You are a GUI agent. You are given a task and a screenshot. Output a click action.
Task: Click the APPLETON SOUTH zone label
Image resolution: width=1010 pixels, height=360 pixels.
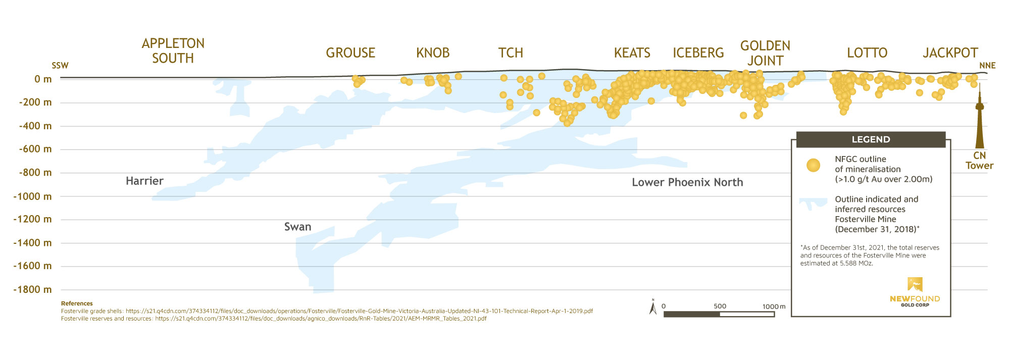coord(173,51)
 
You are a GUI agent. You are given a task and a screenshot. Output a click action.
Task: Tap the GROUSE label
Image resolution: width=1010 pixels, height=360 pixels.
coord(350,53)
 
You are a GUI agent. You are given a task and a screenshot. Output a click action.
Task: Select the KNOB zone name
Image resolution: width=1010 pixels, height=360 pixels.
coord(433,53)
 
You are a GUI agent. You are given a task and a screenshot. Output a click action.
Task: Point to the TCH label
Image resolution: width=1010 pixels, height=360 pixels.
coord(511,53)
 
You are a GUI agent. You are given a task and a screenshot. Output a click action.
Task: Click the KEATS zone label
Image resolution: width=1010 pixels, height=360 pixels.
coord(632,53)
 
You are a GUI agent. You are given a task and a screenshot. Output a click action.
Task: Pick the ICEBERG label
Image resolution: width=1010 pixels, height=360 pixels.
coord(698,53)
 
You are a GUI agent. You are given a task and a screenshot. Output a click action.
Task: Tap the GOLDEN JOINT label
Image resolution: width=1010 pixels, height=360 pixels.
coord(765,53)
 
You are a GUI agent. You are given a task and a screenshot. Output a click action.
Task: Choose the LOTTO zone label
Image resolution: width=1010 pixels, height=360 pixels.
coord(867,53)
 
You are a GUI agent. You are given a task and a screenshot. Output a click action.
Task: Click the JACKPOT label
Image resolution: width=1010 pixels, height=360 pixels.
coord(950,53)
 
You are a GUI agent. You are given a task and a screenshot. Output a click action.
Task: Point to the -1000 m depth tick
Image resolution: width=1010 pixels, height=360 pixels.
coord(33,196)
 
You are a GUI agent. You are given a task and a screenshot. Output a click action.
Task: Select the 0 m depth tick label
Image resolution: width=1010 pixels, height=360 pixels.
coord(43,79)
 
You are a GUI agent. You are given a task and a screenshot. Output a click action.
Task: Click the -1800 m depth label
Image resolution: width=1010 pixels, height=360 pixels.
coord(33,290)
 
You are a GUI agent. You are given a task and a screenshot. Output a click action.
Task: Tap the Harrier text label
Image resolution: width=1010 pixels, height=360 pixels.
coord(144,181)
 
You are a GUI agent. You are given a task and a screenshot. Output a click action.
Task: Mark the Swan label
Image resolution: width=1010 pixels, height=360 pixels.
coord(297,227)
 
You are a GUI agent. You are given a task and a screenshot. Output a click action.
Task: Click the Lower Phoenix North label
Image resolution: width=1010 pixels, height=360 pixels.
coord(687,182)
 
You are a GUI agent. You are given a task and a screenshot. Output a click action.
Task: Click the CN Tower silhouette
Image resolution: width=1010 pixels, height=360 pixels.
coord(979,121)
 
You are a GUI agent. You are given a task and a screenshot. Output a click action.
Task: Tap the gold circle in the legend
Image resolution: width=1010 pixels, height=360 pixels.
coord(813,165)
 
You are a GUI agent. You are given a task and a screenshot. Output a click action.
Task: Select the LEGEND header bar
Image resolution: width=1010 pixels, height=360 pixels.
coord(871,139)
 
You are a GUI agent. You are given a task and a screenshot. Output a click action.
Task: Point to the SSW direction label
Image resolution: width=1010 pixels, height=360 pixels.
coord(60,66)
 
